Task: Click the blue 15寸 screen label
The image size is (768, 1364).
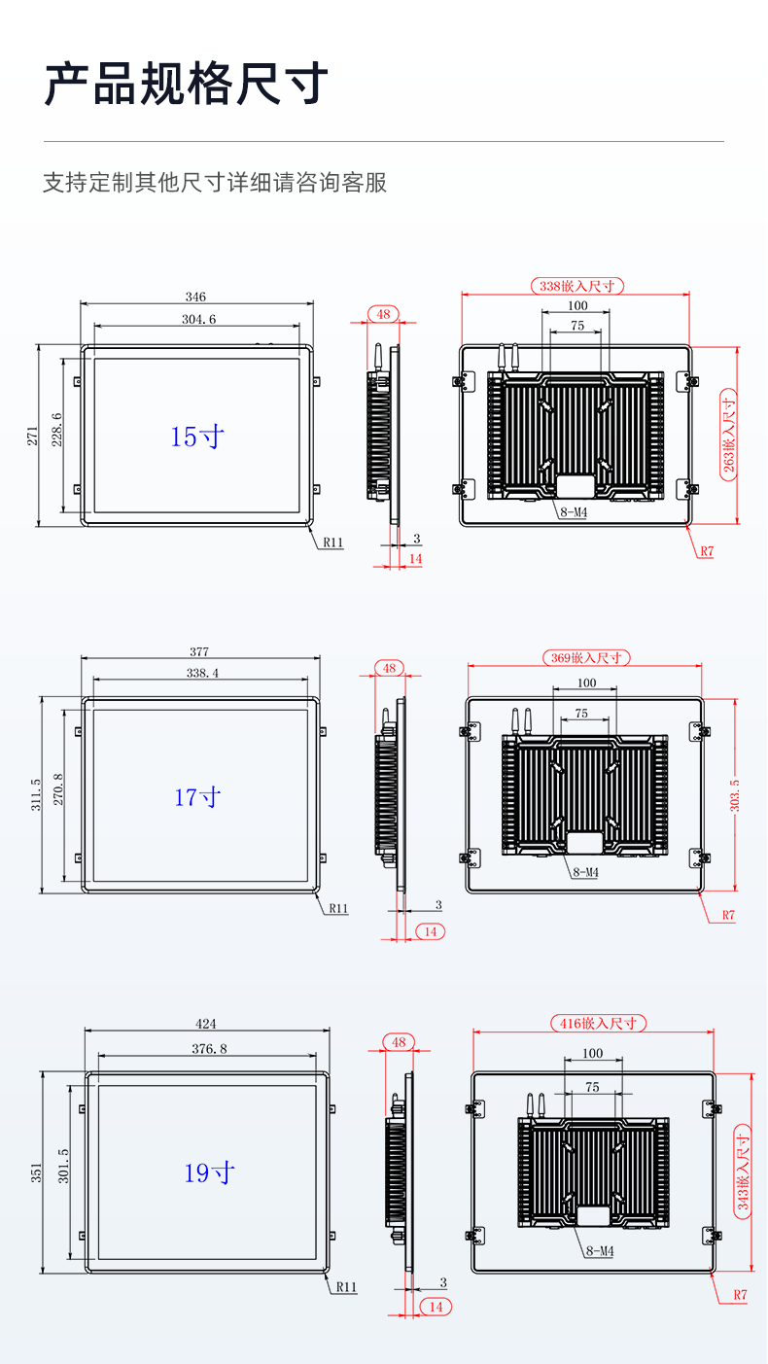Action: tap(196, 437)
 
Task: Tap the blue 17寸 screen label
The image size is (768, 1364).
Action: tap(197, 797)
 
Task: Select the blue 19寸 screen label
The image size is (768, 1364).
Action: tap(209, 1172)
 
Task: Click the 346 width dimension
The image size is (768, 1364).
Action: tap(195, 297)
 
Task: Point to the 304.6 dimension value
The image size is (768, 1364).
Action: tap(198, 319)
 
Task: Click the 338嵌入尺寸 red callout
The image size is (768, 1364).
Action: tap(577, 286)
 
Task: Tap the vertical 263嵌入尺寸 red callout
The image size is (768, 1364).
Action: tap(728, 436)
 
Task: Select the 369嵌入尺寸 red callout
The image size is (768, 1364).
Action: tap(586, 657)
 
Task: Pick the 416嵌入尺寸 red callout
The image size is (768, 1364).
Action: tap(598, 1023)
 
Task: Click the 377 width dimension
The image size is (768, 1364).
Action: tap(199, 651)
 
